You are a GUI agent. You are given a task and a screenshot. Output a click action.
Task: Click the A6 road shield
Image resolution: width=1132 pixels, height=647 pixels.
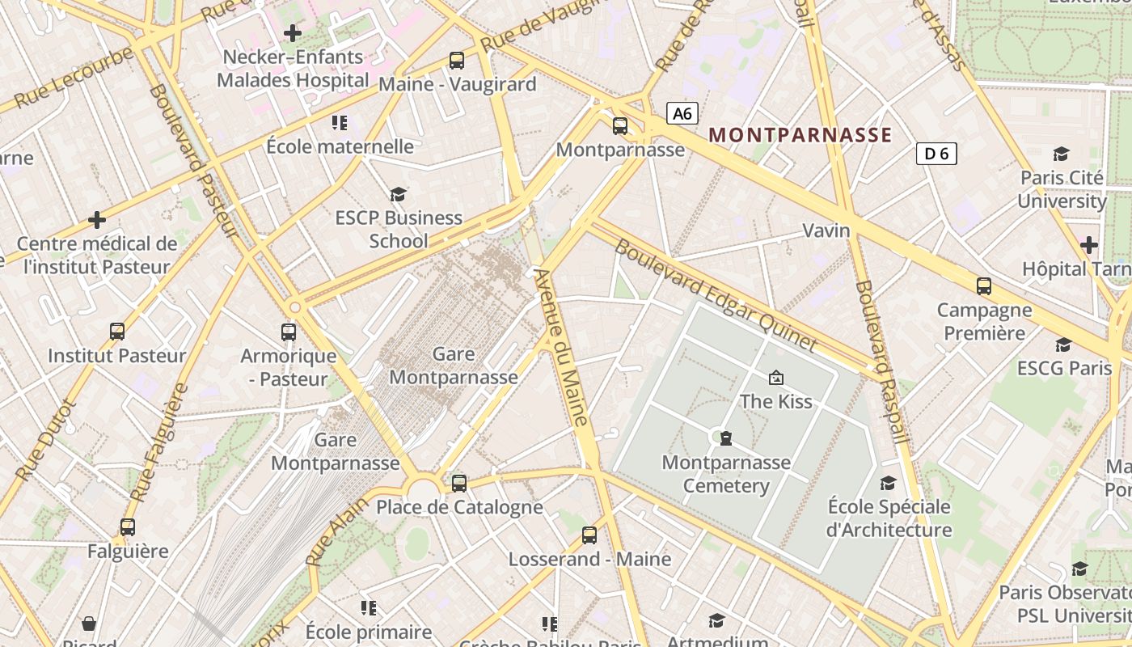682,113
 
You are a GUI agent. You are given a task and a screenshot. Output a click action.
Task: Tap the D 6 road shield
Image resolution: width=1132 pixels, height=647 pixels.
936,153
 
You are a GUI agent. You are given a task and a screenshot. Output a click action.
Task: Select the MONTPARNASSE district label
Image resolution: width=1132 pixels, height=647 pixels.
800,135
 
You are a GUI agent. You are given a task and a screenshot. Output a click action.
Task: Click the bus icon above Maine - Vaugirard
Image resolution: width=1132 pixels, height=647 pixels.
457,60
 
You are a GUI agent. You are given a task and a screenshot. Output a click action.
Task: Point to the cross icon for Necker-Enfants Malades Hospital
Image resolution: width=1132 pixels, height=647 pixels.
293,33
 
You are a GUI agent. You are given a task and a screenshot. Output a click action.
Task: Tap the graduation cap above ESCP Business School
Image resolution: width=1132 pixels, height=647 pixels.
398,194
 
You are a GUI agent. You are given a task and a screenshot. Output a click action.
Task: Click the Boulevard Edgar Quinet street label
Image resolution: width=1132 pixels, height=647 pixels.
716,295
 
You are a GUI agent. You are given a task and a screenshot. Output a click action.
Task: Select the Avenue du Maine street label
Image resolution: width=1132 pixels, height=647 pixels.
560,348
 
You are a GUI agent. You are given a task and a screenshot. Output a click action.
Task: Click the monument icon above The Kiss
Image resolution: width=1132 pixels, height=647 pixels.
776,377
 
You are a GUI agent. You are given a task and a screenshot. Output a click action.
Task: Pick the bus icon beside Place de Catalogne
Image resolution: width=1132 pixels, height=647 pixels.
459,484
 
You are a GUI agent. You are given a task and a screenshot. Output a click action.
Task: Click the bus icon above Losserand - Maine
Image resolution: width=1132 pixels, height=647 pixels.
589,535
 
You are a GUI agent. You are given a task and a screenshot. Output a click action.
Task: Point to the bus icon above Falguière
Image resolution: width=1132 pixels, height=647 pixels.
128,527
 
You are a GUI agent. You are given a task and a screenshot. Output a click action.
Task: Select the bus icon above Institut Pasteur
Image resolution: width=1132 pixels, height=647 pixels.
117,331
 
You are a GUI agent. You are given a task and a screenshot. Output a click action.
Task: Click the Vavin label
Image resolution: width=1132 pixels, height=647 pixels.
826,230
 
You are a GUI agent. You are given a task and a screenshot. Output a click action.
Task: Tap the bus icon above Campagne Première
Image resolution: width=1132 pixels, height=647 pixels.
984,285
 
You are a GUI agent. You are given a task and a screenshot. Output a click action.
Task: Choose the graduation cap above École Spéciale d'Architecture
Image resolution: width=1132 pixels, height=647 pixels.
889,483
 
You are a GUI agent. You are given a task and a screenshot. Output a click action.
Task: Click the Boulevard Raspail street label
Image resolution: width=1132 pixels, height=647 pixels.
882,362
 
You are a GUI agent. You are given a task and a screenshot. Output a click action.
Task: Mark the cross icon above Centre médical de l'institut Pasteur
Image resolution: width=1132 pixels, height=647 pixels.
97,219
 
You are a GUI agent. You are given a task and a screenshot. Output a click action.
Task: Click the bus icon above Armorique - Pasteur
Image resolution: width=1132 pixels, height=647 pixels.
289,332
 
